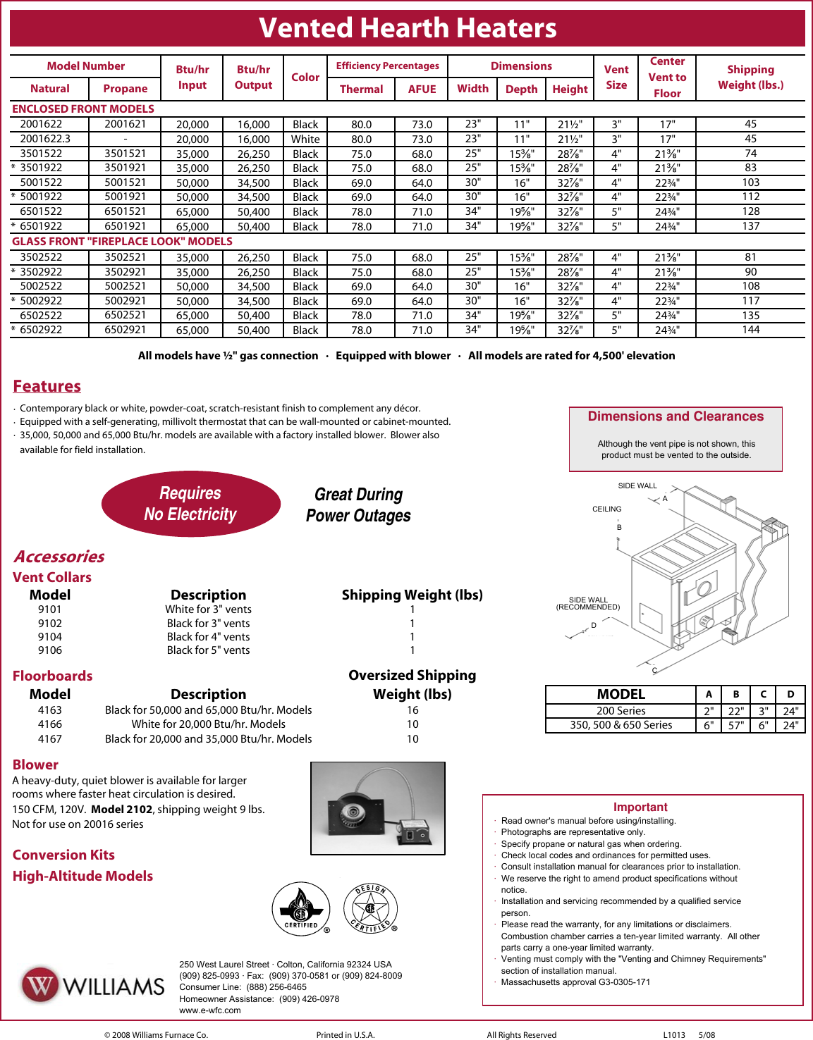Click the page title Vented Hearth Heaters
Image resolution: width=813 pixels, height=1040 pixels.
point(408,28)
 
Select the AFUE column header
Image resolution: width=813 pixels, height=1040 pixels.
point(422,89)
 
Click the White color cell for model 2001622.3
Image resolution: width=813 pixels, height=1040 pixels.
point(305,140)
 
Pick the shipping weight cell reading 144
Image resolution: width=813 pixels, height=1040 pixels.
point(750,330)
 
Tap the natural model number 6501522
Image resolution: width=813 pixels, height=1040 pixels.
point(41,211)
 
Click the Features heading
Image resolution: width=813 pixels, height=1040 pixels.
point(47,386)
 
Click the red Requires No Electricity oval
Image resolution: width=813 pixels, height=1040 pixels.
point(190,504)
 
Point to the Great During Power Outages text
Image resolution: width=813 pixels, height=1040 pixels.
point(358,505)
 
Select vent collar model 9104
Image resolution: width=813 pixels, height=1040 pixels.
point(50,637)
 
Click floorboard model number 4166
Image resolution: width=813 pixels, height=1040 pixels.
point(50,724)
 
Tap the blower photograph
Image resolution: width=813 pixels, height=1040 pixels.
point(378,808)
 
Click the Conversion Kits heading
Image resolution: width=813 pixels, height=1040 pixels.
point(63,855)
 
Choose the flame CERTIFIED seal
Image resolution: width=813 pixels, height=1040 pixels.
point(301,909)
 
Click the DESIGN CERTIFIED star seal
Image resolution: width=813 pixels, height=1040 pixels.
point(370,909)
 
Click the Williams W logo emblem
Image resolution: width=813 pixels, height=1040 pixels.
point(40,985)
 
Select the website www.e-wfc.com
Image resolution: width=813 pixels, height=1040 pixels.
point(209,1010)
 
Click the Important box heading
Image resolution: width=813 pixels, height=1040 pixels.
point(640,807)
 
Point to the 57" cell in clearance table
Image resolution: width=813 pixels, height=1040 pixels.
point(735,725)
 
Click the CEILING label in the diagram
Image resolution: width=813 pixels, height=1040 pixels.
point(606,509)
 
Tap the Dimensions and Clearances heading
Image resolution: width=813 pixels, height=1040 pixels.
point(675,416)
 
